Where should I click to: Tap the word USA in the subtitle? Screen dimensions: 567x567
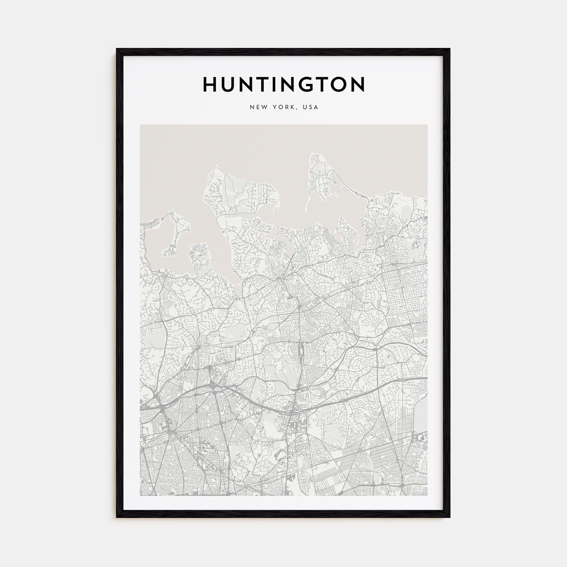click(311, 107)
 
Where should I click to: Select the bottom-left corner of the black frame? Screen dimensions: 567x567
click(117, 517)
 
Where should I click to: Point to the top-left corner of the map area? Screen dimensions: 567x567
click(140, 125)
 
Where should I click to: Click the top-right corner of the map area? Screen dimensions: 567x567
click(427, 125)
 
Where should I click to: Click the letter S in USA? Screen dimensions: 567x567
click(311, 107)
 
